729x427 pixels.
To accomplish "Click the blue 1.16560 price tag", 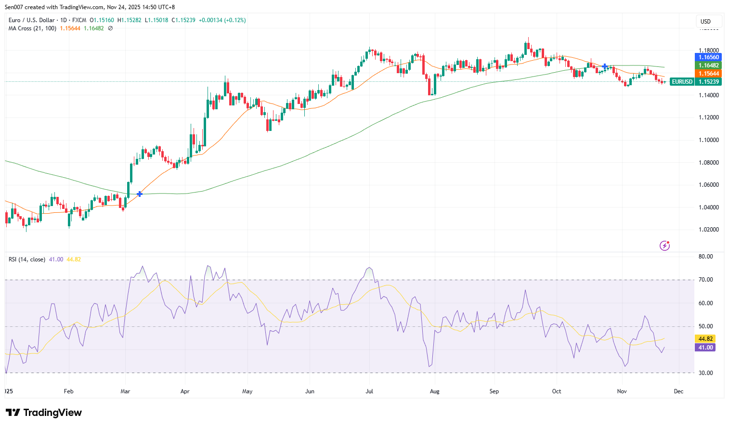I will pyautogui.click(x=709, y=57).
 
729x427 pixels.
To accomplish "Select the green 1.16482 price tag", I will pyautogui.click(x=709, y=65).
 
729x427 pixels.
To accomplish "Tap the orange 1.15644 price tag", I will pyautogui.click(x=709, y=74).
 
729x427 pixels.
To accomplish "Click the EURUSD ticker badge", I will pyautogui.click(x=682, y=82).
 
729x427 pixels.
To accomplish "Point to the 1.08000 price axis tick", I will pyautogui.click(x=708, y=163).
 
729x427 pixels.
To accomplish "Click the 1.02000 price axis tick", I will pyautogui.click(x=708, y=230).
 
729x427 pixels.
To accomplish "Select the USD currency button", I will pyautogui.click(x=706, y=22).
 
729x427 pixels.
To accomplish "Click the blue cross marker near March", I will pyautogui.click(x=140, y=194).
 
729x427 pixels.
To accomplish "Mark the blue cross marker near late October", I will pyautogui.click(x=605, y=66).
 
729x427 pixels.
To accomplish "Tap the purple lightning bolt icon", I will pyautogui.click(x=664, y=246).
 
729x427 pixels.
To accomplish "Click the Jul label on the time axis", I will pyautogui.click(x=369, y=391).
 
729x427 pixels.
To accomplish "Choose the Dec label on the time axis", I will pyautogui.click(x=678, y=391).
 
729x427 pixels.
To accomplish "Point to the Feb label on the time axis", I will pyautogui.click(x=69, y=391).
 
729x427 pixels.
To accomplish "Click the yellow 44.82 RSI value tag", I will pyautogui.click(x=705, y=339).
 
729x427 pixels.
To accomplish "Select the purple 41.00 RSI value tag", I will pyautogui.click(x=705, y=348).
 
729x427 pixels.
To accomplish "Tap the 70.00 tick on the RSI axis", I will pyautogui.click(x=705, y=280).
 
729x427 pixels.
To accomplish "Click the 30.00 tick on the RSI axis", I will pyautogui.click(x=705, y=373).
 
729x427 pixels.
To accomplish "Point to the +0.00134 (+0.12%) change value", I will pyautogui.click(x=222, y=20).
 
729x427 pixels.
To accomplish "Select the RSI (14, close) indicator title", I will pyautogui.click(x=27, y=259).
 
